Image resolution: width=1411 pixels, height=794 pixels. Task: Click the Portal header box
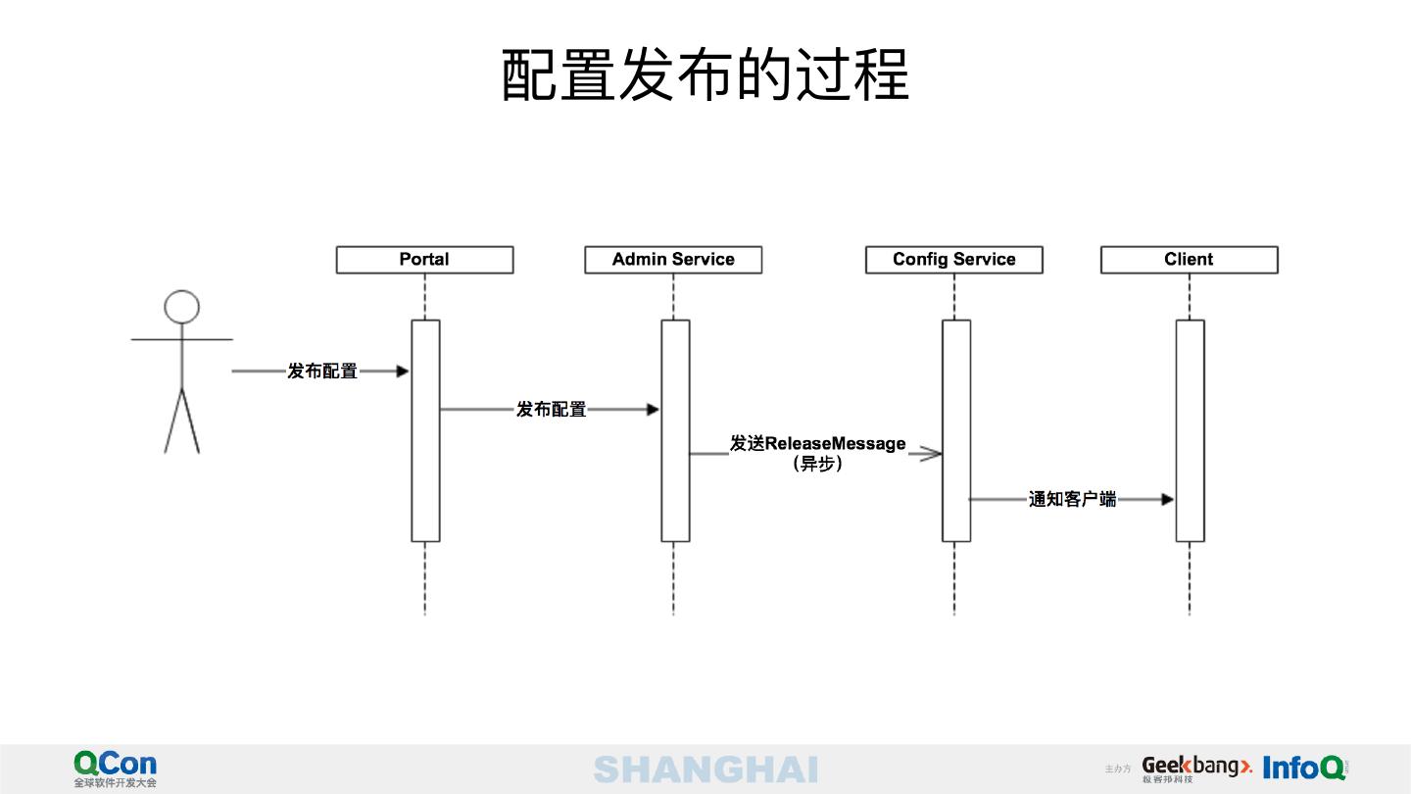click(x=424, y=260)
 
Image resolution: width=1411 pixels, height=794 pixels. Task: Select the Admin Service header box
click(x=673, y=260)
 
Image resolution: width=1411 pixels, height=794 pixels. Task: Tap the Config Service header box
click(x=953, y=260)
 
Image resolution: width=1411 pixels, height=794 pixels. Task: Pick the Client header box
click(x=1189, y=260)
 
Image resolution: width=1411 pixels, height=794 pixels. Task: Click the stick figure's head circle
click(x=182, y=307)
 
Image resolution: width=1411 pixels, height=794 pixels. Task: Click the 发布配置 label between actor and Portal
click(x=322, y=372)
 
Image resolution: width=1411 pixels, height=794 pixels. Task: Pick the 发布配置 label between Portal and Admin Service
click(x=552, y=410)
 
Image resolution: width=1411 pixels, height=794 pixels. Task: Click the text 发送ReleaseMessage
click(x=817, y=444)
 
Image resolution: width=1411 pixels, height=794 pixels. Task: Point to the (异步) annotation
click(x=817, y=465)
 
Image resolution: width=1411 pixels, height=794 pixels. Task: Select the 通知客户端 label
click(x=1072, y=500)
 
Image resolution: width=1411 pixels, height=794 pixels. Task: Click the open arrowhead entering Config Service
click(x=929, y=454)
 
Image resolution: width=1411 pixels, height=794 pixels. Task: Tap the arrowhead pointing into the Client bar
click(x=1167, y=500)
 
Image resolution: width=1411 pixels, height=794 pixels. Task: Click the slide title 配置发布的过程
click(x=705, y=75)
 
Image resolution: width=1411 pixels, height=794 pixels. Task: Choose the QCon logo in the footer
click(x=115, y=768)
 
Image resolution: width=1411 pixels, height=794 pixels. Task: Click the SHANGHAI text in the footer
click(x=705, y=769)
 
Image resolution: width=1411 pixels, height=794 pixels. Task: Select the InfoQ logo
click(x=1304, y=768)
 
